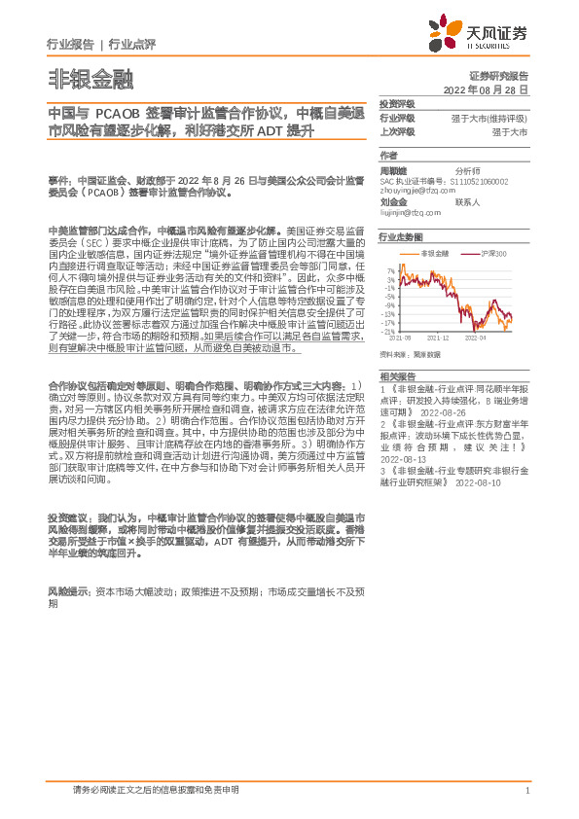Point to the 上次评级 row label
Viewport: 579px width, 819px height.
[397, 130]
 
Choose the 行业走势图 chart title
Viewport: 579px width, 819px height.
[401, 236]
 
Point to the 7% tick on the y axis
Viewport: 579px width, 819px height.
[389, 269]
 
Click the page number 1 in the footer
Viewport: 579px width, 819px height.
[526, 790]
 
